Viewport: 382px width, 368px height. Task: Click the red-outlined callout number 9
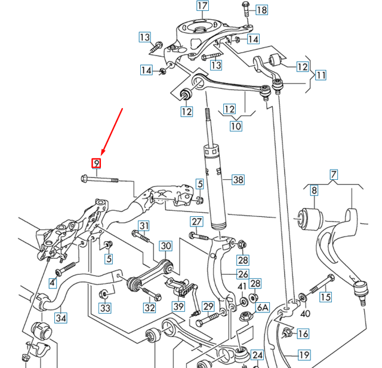96,163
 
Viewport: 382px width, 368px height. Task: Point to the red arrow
112,131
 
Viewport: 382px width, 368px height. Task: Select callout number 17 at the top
203,7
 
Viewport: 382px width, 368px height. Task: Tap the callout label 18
261,10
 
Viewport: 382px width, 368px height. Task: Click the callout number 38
238,179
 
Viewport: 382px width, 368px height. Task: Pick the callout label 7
334,175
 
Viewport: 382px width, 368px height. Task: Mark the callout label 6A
263,307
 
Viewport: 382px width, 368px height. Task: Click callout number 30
165,246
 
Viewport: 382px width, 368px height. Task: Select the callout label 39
178,306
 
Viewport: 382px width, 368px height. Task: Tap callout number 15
325,296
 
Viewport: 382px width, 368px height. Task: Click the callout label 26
243,275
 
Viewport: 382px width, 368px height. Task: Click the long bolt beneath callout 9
98,178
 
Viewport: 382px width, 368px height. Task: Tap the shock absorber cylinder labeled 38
214,185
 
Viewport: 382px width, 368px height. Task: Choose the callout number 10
236,126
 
